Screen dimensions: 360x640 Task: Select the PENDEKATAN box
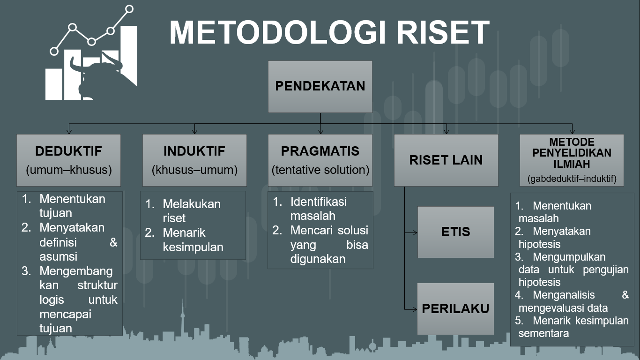point(320,87)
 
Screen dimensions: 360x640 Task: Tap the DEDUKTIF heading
point(68,151)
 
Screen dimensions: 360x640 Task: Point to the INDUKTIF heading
point(194,151)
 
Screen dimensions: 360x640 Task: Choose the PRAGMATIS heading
point(320,151)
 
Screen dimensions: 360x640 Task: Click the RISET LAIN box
point(446,160)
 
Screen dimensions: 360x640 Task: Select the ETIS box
point(455,232)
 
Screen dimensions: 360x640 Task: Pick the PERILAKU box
point(455,308)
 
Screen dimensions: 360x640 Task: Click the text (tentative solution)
point(320,170)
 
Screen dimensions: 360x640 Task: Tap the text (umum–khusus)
point(69,170)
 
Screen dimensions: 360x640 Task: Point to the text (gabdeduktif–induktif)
point(572,179)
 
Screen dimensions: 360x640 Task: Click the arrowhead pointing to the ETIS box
point(414,232)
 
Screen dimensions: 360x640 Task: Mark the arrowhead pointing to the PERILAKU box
point(414,309)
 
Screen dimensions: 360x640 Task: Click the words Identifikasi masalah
point(319,209)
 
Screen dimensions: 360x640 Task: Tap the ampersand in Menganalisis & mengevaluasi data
point(625,295)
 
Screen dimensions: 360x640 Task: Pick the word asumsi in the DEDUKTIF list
point(59,257)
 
